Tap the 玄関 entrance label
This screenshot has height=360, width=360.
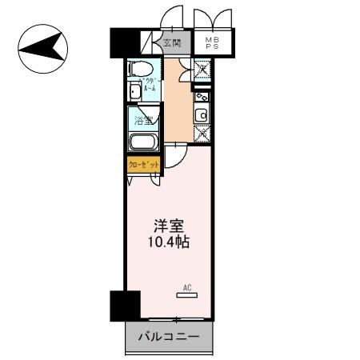171,43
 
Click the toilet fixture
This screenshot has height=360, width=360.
139,71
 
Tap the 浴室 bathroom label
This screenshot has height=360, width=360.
142,122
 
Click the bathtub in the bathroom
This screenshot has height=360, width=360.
144,145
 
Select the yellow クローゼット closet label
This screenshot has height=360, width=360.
144,165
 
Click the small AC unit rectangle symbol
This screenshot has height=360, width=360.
186,295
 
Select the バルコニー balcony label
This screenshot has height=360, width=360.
170,337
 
